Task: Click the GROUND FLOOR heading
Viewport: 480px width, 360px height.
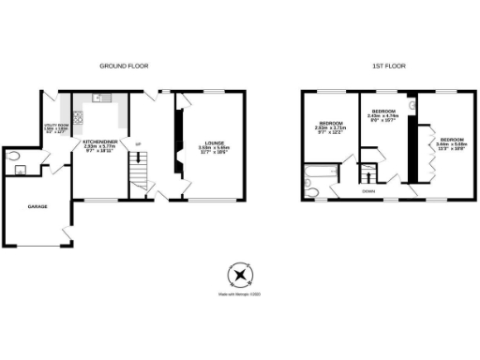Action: tap(124, 66)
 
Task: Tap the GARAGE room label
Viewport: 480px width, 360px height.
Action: tap(37, 205)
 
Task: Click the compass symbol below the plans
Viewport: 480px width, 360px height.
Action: tap(241, 275)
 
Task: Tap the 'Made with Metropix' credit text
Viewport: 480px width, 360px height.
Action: tap(241, 295)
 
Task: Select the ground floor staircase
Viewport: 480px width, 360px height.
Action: tap(139, 173)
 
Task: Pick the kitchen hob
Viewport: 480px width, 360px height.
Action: tap(78, 118)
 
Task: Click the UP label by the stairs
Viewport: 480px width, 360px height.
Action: tap(139, 143)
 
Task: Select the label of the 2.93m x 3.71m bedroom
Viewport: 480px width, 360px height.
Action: tap(330, 127)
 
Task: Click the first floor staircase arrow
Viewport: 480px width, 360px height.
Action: tap(369, 174)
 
